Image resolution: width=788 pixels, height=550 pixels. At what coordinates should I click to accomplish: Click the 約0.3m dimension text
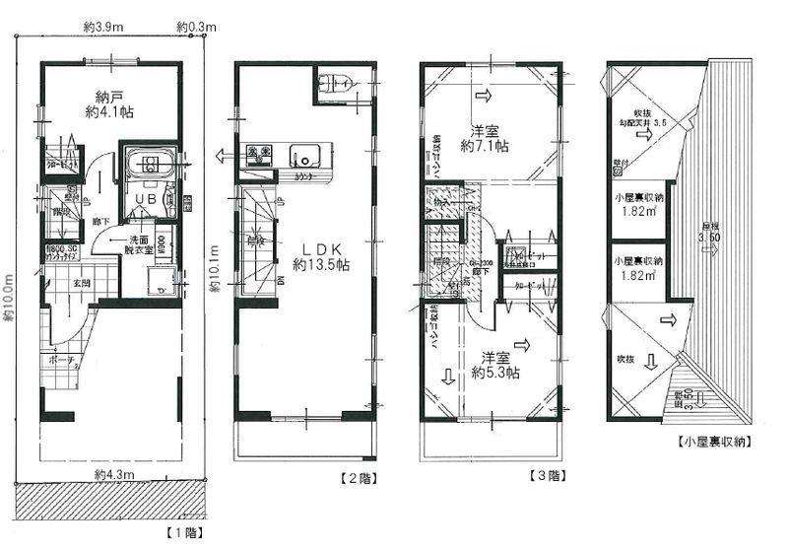pos(195,30)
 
